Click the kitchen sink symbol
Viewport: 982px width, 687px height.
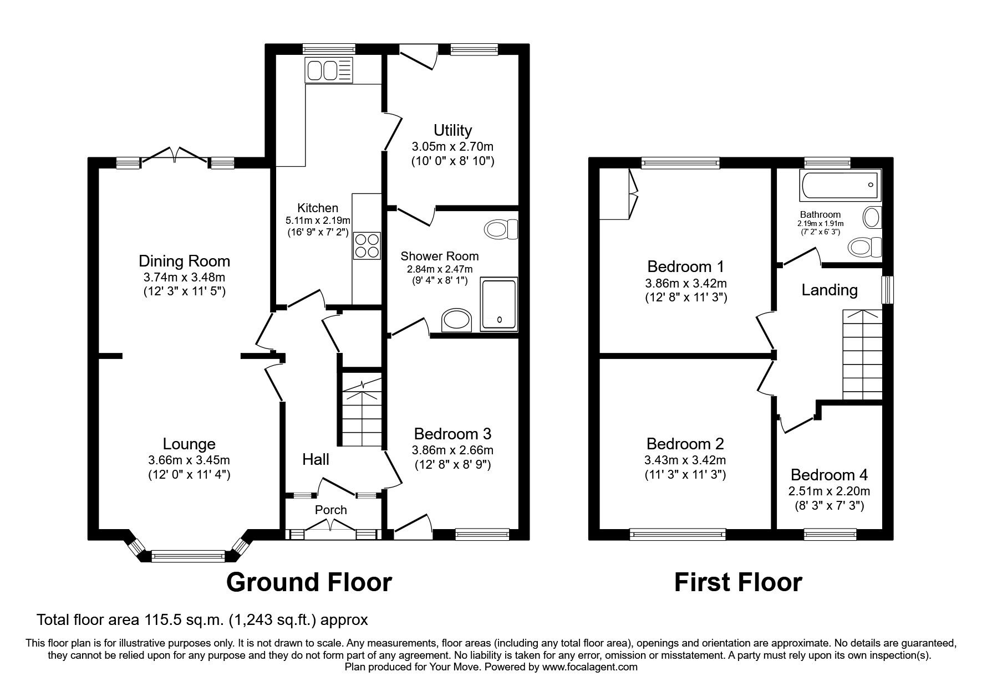pyautogui.click(x=328, y=70)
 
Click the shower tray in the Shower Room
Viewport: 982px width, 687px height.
pyautogui.click(x=500, y=304)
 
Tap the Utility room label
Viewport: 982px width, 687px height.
pyautogui.click(x=452, y=130)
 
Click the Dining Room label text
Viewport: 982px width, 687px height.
pyautogui.click(x=184, y=261)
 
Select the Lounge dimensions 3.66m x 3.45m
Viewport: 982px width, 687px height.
pyautogui.click(x=189, y=460)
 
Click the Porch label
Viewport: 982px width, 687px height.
pyautogui.click(x=331, y=510)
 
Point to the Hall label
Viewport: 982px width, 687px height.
pyautogui.click(x=316, y=459)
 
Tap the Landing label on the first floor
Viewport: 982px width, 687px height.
pyautogui.click(x=830, y=290)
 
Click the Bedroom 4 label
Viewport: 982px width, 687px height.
pyautogui.click(x=829, y=475)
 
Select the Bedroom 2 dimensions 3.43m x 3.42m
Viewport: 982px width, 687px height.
pyautogui.click(x=685, y=460)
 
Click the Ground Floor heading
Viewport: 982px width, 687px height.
pyautogui.click(x=309, y=582)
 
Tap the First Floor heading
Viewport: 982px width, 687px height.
pyautogui.click(x=738, y=582)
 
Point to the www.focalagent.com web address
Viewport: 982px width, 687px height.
pyautogui.click(x=590, y=667)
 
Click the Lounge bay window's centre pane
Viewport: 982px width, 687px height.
pyautogui.click(x=189, y=556)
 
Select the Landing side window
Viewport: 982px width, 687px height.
pyautogui.click(x=888, y=289)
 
